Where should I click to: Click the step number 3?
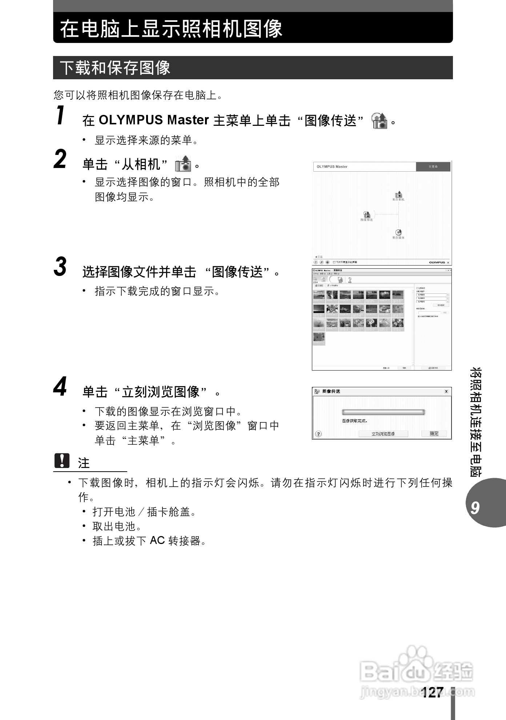60,267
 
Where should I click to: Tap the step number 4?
60,387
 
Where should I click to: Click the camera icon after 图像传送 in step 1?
379,121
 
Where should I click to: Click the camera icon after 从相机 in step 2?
183,164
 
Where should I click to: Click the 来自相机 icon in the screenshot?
399,195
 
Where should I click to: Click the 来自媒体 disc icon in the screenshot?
398,232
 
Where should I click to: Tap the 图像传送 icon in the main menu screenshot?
367,215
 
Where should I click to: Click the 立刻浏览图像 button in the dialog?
383,434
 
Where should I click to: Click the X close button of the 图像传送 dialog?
446,391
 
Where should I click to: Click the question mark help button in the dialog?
318,434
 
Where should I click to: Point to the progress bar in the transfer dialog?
383,412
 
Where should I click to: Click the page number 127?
433,692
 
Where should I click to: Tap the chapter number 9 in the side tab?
475,507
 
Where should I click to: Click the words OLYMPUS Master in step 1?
154,120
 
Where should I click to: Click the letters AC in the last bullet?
157,541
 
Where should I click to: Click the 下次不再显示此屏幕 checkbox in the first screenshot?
334,262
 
